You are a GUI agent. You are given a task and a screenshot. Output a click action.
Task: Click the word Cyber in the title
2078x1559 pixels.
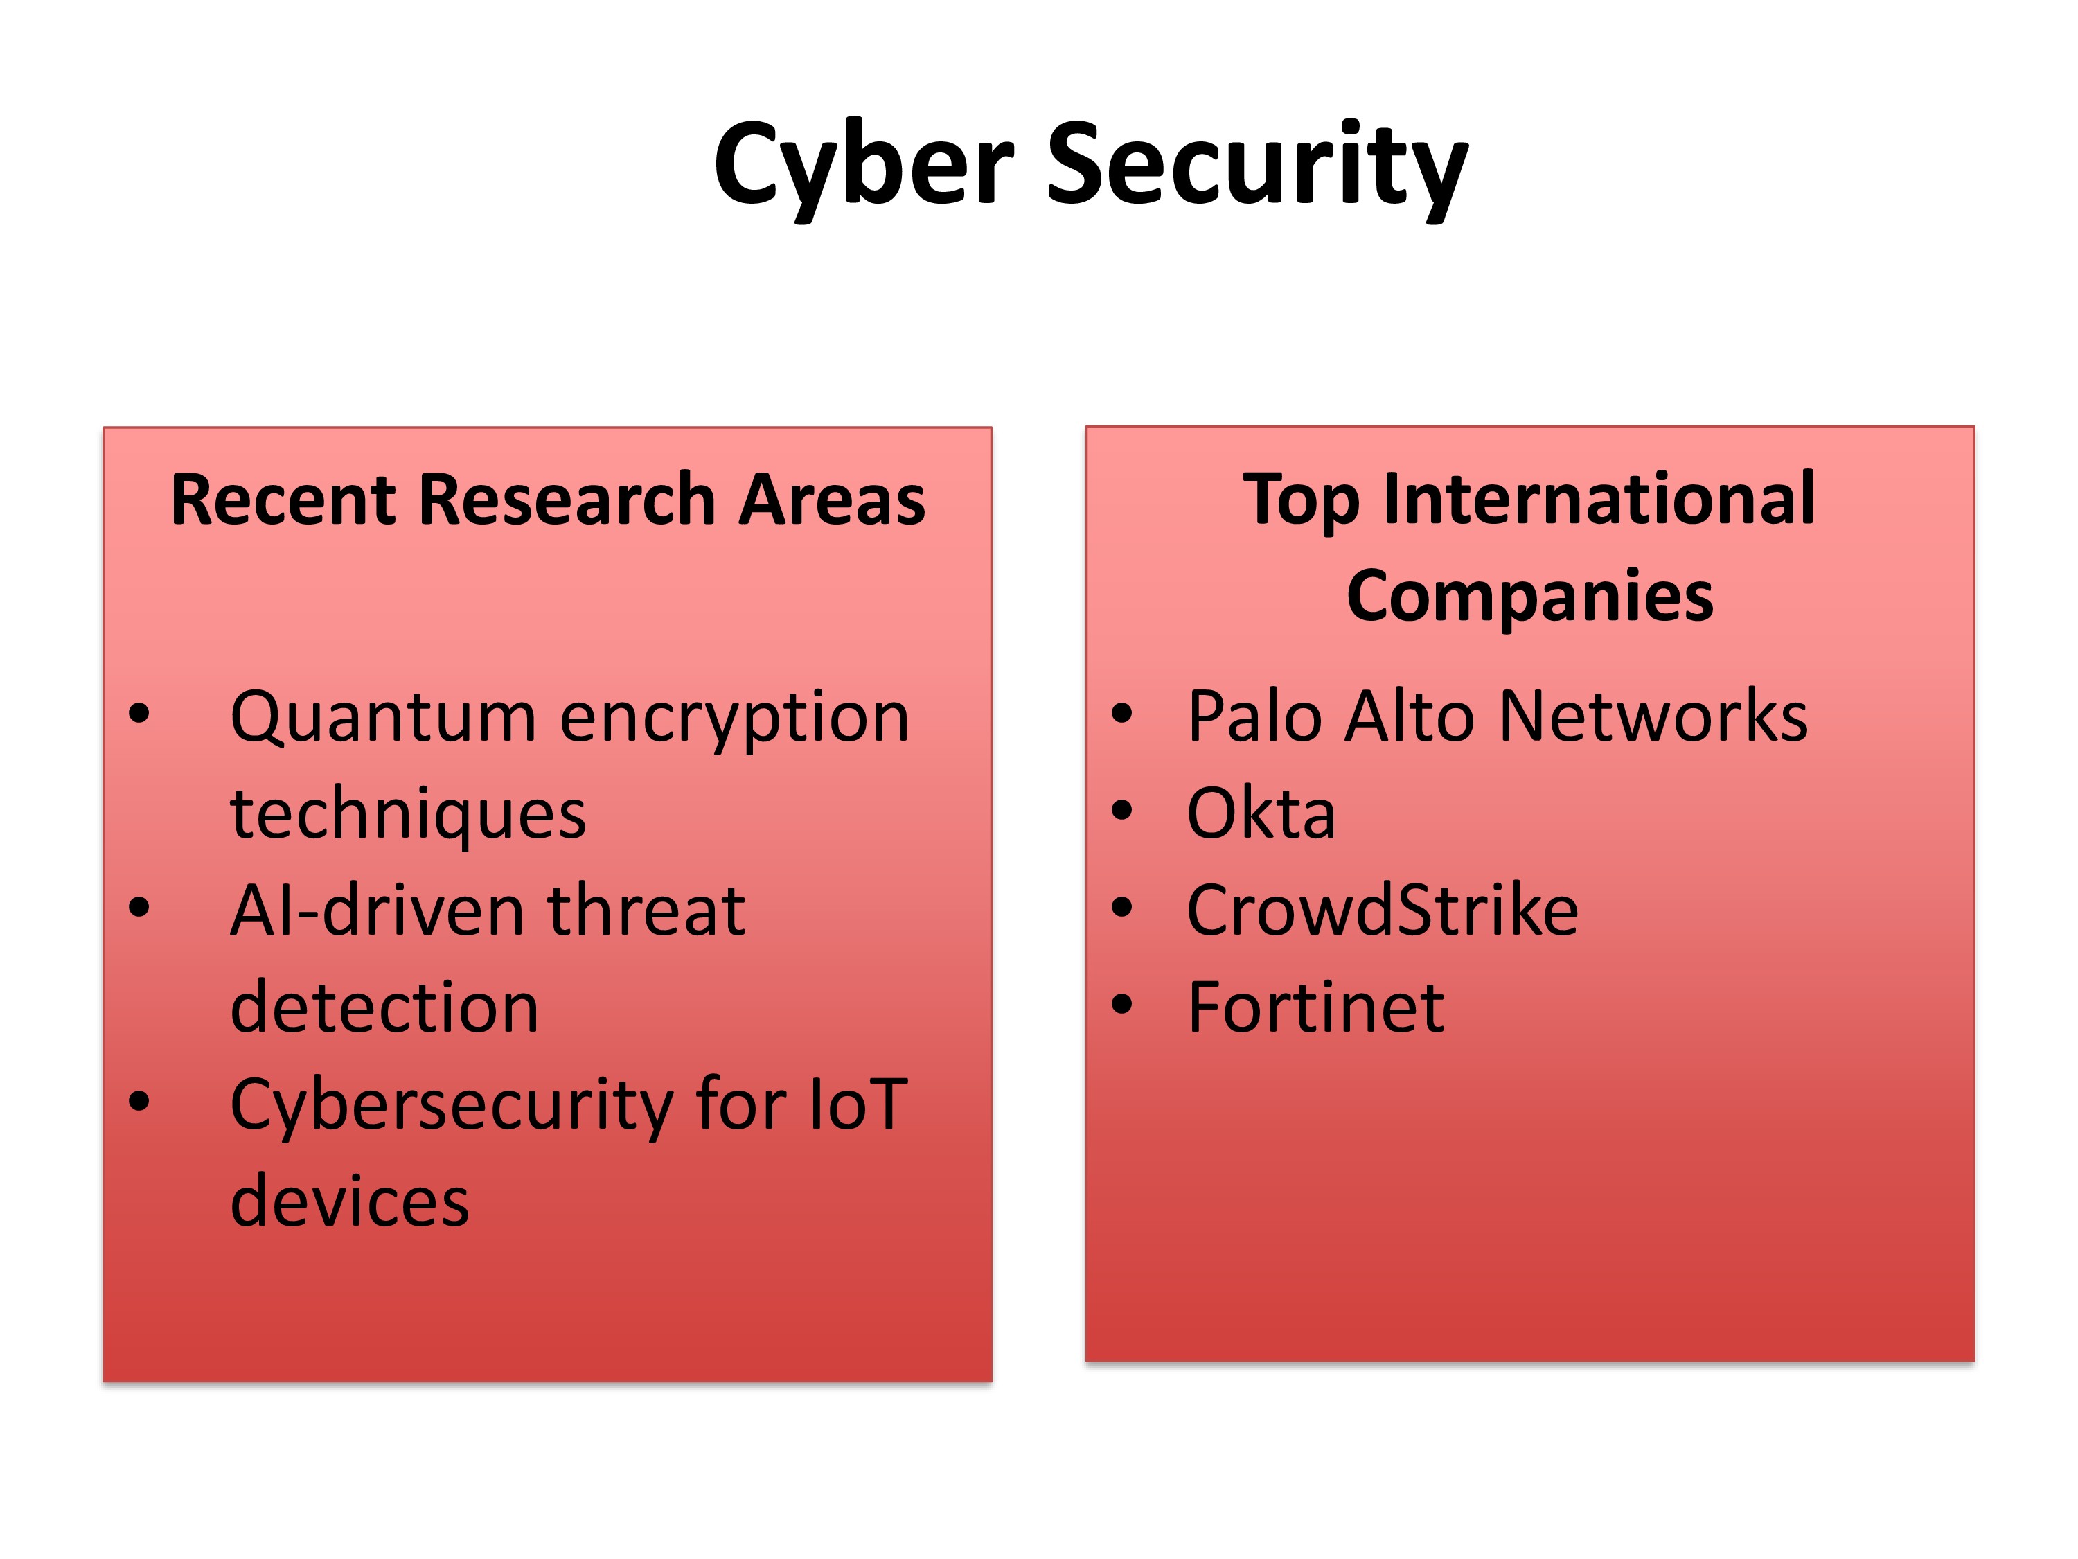(x=863, y=167)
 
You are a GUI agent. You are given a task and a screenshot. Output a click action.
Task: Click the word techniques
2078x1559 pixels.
(x=408, y=814)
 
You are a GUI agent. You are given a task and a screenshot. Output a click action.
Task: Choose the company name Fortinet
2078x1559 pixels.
(x=1315, y=1007)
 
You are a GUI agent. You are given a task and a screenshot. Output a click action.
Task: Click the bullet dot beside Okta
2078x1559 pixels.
(x=1121, y=811)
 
